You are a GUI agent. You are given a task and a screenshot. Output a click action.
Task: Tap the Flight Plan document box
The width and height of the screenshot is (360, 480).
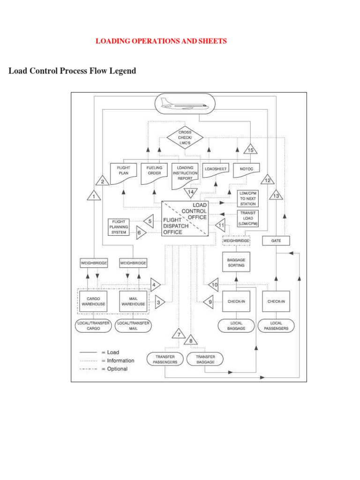[x=123, y=172]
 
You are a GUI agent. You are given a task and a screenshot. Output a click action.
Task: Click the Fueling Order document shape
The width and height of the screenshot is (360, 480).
[x=154, y=172]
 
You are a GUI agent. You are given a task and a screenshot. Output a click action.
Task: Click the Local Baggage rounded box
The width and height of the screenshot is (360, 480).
[x=236, y=325]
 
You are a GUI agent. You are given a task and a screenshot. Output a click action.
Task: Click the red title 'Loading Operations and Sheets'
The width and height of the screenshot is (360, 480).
[x=161, y=41]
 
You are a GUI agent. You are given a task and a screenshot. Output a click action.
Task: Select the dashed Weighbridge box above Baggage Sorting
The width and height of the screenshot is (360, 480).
[x=236, y=240]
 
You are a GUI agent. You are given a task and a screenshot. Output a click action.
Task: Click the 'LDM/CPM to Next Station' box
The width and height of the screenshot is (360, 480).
[x=247, y=198]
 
